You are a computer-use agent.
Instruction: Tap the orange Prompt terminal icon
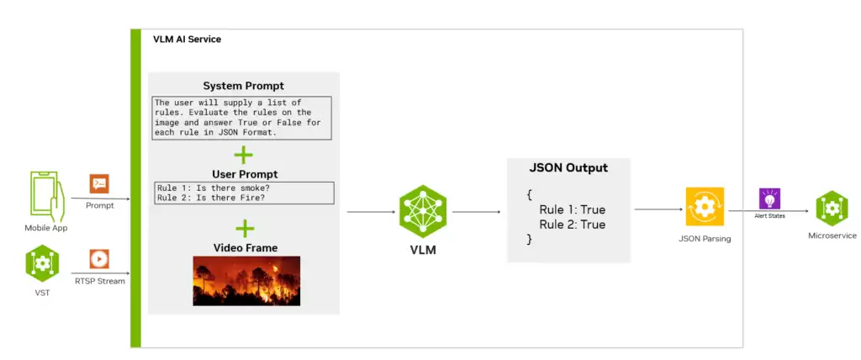click(99, 183)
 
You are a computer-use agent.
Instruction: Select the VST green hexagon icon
click(42, 263)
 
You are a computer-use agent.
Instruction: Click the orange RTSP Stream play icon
click(99, 259)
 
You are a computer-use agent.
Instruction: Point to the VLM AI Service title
click(188, 40)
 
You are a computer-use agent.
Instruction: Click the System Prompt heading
click(244, 87)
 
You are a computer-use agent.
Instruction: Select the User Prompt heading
click(245, 174)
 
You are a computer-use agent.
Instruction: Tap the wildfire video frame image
click(246, 281)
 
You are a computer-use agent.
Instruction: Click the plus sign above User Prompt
click(243, 155)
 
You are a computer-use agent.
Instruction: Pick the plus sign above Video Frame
click(245, 229)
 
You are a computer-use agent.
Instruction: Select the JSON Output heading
click(569, 167)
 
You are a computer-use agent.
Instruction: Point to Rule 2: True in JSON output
click(572, 225)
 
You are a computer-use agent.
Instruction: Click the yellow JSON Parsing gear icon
click(705, 207)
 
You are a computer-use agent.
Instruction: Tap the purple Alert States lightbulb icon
click(769, 199)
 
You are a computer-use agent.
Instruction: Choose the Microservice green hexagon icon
click(832, 209)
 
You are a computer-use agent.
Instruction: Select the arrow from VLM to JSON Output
click(477, 212)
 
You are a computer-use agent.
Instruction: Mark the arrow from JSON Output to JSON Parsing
click(658, 209)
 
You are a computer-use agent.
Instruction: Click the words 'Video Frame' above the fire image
click(245, 248)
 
